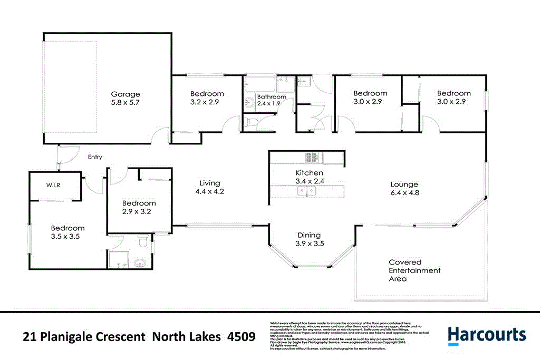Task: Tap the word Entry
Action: (x=95, y=157)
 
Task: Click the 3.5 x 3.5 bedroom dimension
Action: (x=67, y=237)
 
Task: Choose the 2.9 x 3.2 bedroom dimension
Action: (x=139, y=212)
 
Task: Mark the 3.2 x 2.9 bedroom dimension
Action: (x=207, y=103)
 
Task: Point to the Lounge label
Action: (x=404, y=184)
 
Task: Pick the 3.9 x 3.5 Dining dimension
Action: (x=310, y=244)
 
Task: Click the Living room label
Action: (x=210, y=183)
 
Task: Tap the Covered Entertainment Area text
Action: (x=414, y=270)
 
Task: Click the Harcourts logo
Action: (x=487, y=335)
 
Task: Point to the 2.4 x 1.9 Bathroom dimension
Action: (x=268, y=104)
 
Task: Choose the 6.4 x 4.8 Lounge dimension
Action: (x=404, y=193)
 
